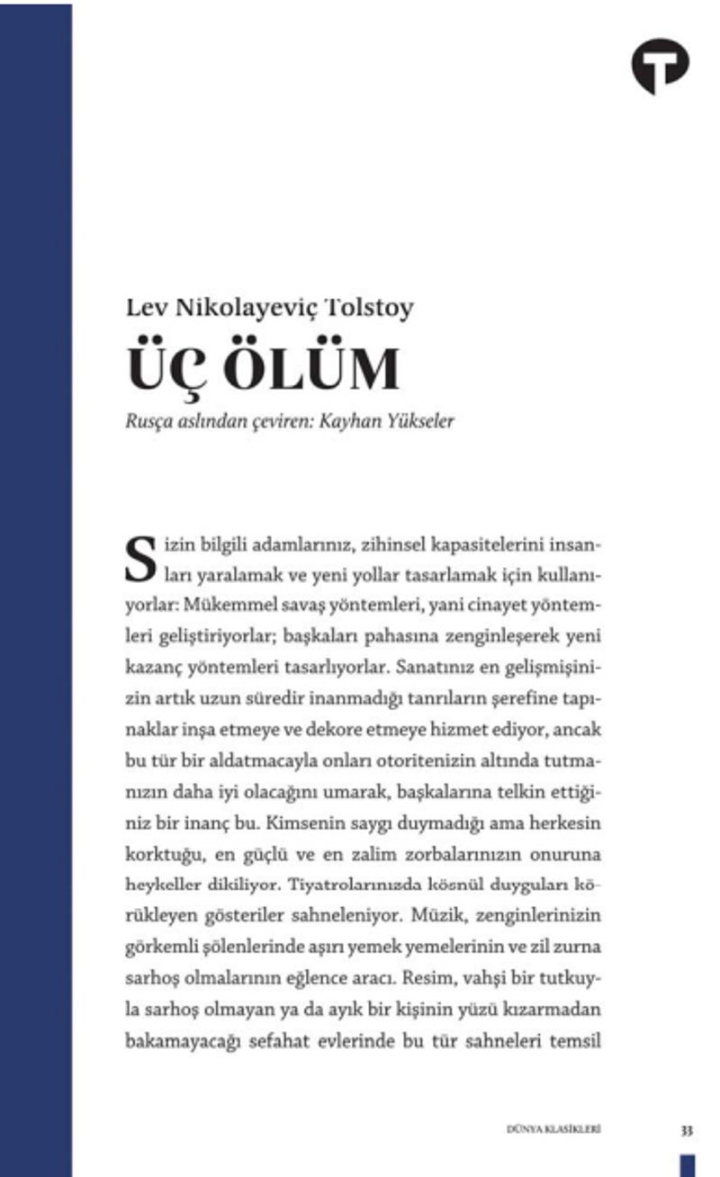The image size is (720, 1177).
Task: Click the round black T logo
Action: (x=660, y=66)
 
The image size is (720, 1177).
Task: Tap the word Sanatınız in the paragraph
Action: (x=453, y=668)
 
